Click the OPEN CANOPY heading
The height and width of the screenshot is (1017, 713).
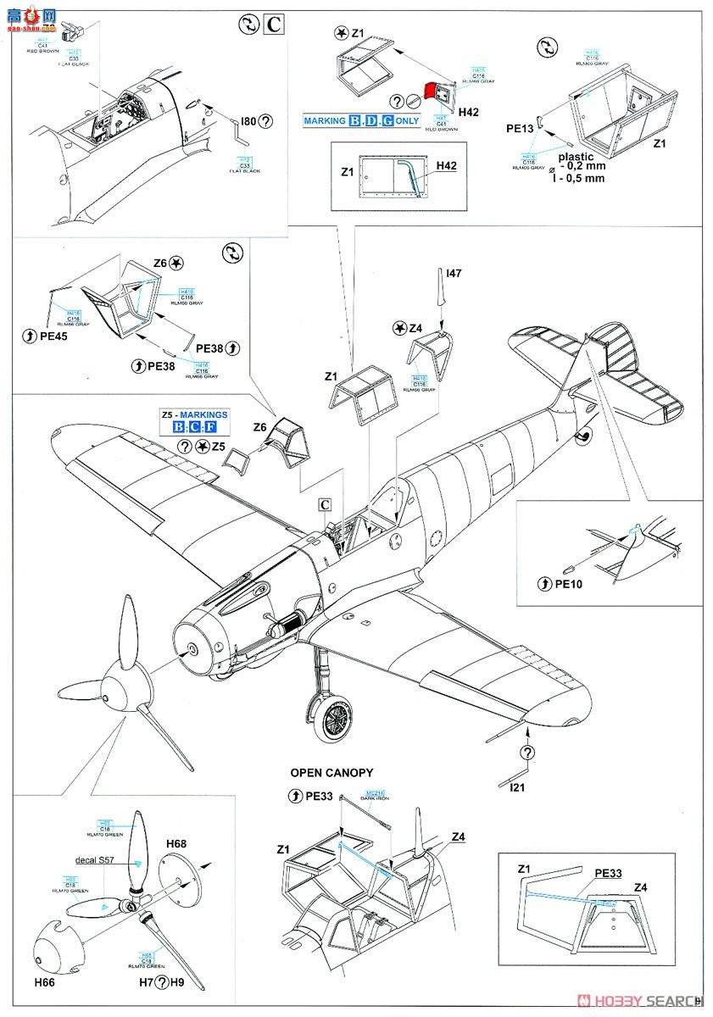331,773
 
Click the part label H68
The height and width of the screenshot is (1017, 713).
176,844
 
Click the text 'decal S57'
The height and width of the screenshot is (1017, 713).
94,859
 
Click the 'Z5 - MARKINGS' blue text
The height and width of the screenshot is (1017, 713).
194,414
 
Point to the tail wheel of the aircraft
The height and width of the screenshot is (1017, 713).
584,436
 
